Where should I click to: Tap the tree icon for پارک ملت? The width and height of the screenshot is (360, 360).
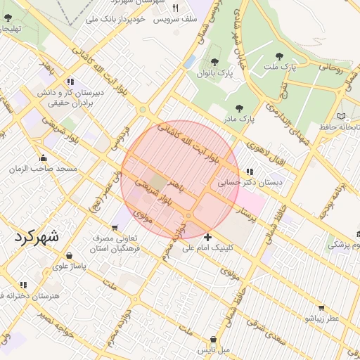coord(280,56)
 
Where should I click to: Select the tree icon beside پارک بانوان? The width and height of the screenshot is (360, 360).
coord(214,61)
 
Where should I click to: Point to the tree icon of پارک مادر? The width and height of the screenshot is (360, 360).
coord(239,108)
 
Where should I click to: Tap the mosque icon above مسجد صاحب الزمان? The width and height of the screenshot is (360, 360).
coord(44,157)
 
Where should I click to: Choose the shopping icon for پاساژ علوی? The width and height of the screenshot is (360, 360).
coord(69,256)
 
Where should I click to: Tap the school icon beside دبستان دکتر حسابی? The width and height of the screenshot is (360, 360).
coord(249,171)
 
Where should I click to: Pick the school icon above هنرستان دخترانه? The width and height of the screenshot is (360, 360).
coord(23,285)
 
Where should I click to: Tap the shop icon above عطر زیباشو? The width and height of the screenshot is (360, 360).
coord(321,307)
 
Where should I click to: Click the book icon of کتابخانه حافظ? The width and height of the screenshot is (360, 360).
coord(341,116)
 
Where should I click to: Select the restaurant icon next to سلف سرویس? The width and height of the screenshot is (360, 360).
coord(175,8)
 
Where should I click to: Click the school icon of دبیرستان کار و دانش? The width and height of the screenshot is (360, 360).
coord(70,82)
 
